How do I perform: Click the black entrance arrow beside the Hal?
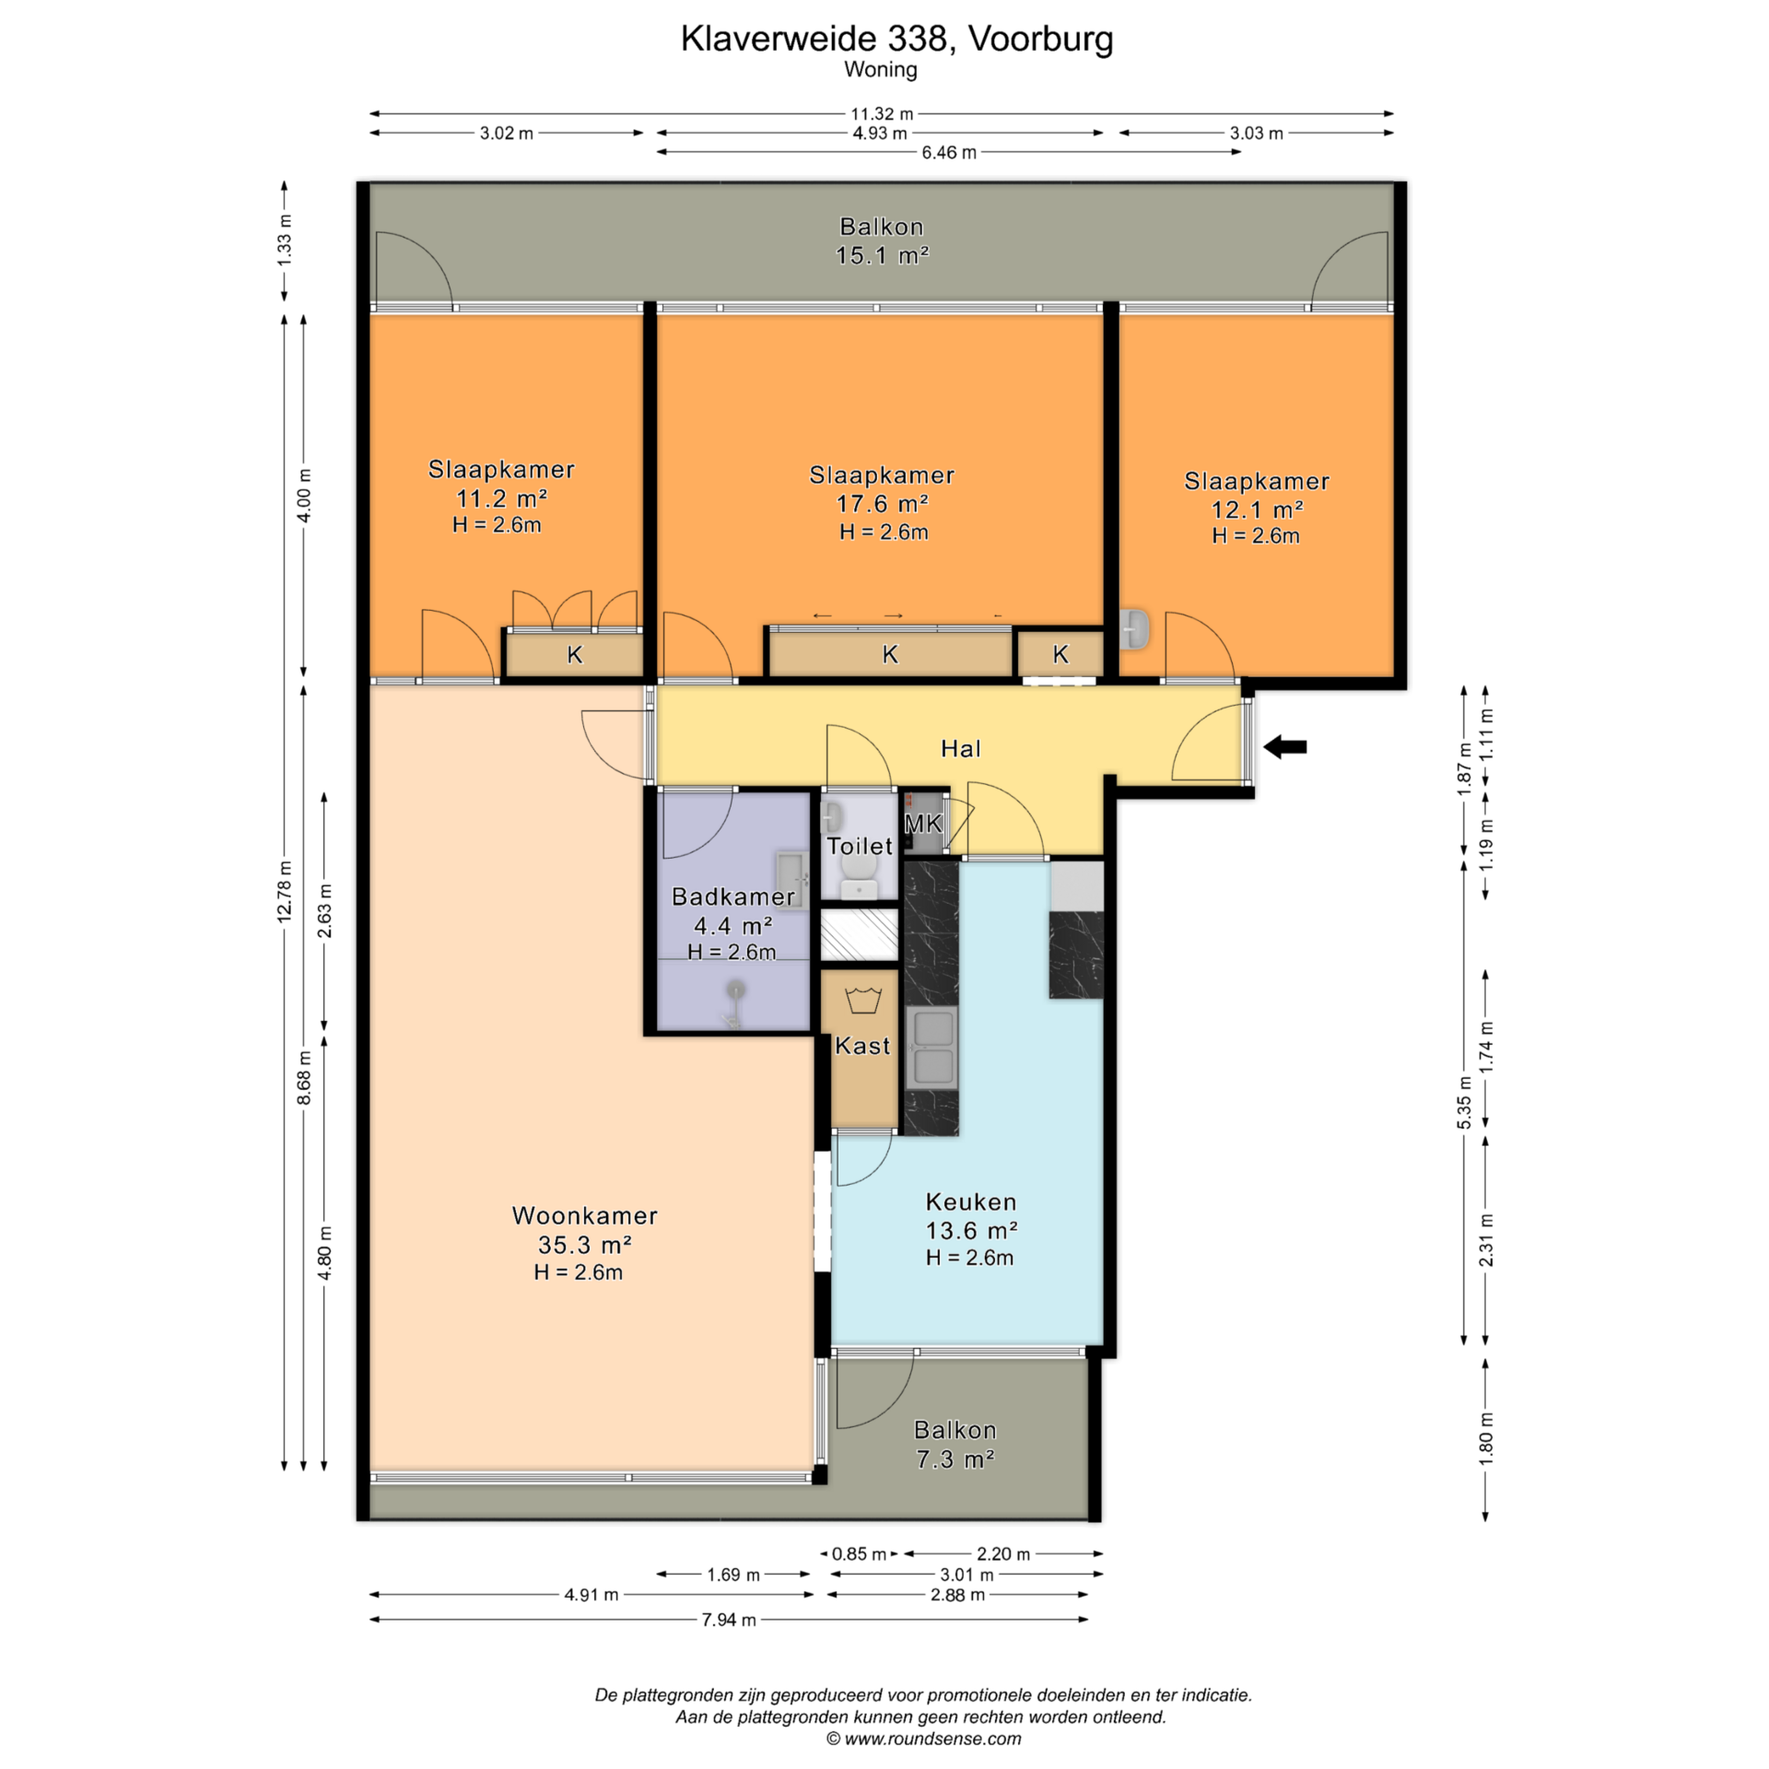point(1284,747)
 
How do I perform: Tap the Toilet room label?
point(859,846)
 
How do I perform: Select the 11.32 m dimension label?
point(881,113)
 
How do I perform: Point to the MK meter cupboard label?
point(923,824)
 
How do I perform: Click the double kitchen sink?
point(931,1048)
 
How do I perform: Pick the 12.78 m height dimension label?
point(285,891)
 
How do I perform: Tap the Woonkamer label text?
point(584,1215)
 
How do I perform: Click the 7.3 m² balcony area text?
point(955,1459)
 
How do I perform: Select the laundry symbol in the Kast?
point(863,1001)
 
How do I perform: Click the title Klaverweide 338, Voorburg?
point(896,38)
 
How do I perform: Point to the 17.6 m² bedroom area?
point(882,503)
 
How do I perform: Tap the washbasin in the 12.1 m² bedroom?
point(1136,628)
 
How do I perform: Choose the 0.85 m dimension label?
point(859,1553)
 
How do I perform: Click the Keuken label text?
point(971,1201)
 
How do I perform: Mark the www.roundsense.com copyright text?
point(924,1739)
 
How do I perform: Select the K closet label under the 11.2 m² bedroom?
point(575,654)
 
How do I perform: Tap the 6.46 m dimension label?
point(949,152)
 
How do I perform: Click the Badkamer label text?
point(732,896)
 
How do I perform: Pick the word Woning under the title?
point(881,69)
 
